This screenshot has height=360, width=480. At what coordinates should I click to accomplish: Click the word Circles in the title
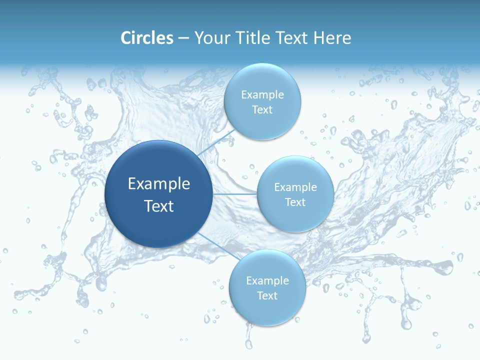point(147,38)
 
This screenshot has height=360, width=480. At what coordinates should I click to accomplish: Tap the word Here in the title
point(332,38)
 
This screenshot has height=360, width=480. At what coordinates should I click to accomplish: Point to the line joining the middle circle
point(235,194)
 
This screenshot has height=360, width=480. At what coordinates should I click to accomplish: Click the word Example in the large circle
point(159,184)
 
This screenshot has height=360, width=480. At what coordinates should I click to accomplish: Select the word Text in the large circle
point(159,206)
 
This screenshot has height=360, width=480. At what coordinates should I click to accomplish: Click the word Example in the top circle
point(262,94)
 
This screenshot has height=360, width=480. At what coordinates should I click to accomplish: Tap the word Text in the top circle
point(262,109)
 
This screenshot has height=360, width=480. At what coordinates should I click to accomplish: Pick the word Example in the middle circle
point(295,187)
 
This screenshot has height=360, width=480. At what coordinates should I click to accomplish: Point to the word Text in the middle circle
point(295,202)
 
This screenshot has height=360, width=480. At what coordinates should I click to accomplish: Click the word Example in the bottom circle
point(267,280)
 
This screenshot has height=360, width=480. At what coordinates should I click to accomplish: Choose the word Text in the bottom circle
point(267,295)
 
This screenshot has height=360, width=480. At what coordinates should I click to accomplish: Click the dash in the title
point(183,38)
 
